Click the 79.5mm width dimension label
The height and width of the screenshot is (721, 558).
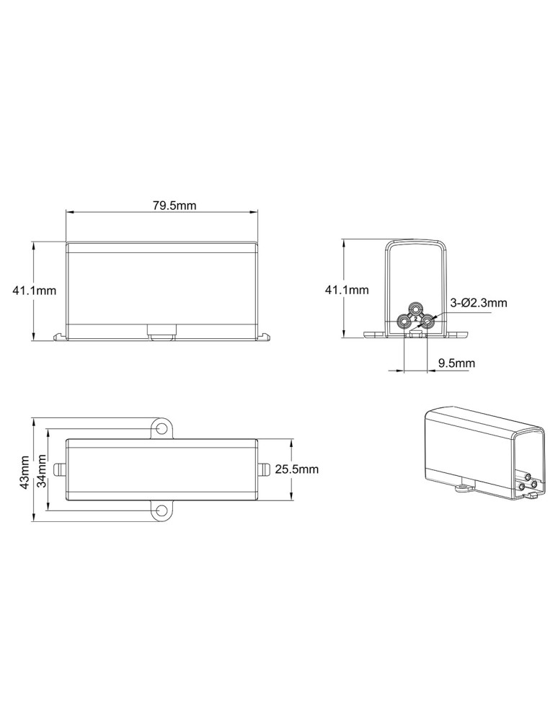[174, 205]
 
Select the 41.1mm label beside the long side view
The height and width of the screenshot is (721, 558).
[34, 291]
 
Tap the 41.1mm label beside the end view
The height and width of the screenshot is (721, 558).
[347, 290]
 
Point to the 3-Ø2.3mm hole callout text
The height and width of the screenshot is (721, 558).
[479, 303]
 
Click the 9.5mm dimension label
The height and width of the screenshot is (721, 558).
[456, 363]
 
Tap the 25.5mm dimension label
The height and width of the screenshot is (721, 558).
[296, 469]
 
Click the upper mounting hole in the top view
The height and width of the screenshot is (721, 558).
[161, 428]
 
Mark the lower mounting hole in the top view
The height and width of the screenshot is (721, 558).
[161, 510]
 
